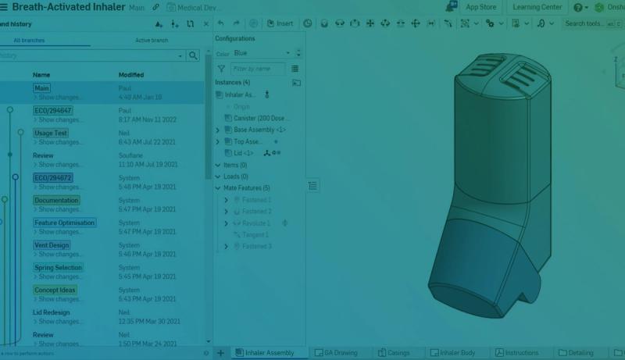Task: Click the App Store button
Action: click(480, 7)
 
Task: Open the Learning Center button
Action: click(537, 7)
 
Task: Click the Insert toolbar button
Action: click(280, 23)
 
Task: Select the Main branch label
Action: click(41, 88)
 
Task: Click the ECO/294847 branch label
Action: click(52, 111)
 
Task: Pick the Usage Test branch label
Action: click(51, 134)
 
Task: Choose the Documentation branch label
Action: click(56, 201)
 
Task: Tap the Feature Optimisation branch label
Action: click(64, 223)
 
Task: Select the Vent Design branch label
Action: click(52, 245)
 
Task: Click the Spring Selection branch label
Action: click(58, 268)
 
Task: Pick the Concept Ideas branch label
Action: click(55, 290)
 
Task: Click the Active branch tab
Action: click(151, 40)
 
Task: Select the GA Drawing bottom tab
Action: click(340, 353)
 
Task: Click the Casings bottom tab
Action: click(398, 353)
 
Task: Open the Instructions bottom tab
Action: click(521, 353)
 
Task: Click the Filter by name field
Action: click(258, 69)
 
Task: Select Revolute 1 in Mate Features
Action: click(255, 223)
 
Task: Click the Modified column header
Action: click(130, 75)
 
